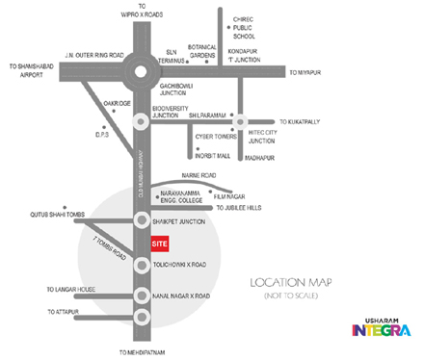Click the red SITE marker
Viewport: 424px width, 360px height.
(161, 244)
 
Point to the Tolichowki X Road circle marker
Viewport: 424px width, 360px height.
(141, 263)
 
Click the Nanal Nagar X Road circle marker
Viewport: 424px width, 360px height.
(141, 295)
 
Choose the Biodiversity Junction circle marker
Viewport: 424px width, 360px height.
(141, 120)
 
